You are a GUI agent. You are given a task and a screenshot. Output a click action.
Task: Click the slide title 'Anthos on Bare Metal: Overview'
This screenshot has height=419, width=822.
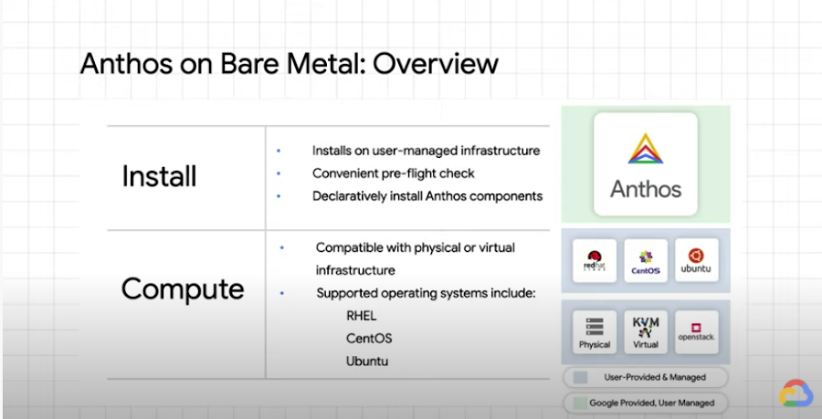point(289,64)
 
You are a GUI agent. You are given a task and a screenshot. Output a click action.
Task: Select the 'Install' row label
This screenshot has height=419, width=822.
point(159,176)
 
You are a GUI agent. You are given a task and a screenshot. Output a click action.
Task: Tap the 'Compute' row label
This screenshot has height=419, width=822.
point(183,288)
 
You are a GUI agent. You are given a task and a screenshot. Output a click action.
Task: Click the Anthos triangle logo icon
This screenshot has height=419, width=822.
point(645,150)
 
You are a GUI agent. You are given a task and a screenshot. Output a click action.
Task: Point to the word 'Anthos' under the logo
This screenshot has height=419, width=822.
point(645,189)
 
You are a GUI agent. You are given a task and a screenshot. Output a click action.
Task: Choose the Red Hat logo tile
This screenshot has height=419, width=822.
point(595,261)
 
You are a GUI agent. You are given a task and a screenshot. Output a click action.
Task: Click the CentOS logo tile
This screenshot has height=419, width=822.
point(646,261)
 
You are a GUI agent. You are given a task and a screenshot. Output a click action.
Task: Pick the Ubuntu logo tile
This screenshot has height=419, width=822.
point(696,261)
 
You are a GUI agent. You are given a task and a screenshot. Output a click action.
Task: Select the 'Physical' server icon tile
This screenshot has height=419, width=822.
point(595,332)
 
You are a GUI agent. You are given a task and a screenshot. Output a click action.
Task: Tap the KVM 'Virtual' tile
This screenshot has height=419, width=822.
point(646,332)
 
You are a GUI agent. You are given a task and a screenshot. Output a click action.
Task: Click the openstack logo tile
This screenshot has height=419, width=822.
point(696,332)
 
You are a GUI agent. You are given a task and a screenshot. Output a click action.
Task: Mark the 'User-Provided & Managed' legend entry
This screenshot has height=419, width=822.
point(646,377)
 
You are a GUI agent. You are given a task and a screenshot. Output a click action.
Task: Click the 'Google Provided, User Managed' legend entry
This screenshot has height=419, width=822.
point(646,402)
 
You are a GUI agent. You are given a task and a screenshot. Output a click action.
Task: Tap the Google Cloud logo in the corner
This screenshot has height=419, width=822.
point(796,393)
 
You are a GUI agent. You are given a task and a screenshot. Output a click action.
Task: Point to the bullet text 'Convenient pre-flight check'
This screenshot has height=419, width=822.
point(393,173)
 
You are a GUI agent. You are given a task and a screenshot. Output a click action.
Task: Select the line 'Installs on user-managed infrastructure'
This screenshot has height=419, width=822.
point(426,151)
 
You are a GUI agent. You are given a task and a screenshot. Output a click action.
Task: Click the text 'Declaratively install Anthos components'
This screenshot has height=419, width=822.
point(427,195)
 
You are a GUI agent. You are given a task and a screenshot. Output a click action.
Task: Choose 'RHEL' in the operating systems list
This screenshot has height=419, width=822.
point(363,316)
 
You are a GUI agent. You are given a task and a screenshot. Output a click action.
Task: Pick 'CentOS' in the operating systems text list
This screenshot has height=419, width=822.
point(368,338)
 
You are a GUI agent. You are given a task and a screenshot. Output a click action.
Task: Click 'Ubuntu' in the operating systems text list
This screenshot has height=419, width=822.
point(367,361)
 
